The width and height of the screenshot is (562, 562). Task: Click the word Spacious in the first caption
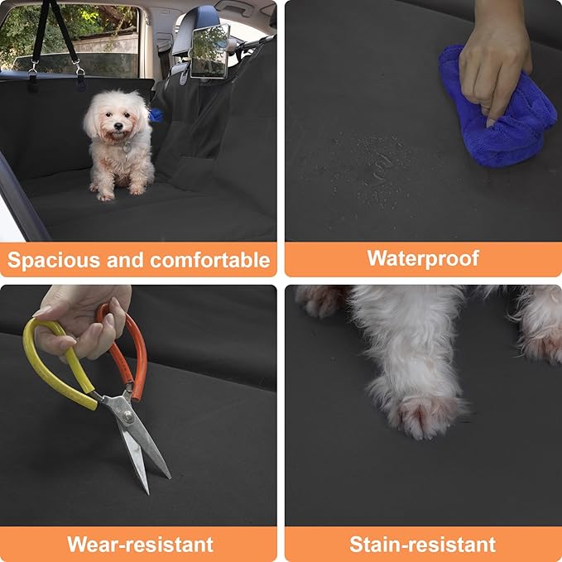tap(42, 260)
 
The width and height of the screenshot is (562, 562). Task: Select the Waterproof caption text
tap(423, 258)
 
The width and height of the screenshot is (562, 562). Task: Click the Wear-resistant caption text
tap(140, 544)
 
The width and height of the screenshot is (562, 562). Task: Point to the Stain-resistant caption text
tap(422, 544)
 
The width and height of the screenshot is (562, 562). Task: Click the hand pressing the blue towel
tap(493, 58)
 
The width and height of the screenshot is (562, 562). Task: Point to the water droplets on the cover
tap(372, 157)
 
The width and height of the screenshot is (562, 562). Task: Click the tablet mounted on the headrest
tap(209, 49)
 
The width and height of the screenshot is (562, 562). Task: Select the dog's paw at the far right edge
tap(542, 331)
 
